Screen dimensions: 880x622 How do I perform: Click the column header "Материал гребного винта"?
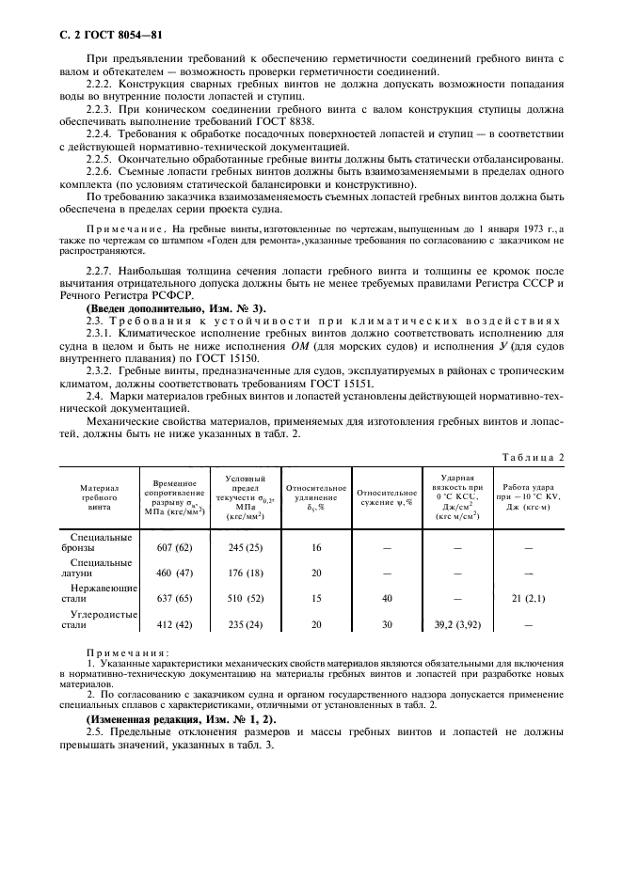click(100, 497)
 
